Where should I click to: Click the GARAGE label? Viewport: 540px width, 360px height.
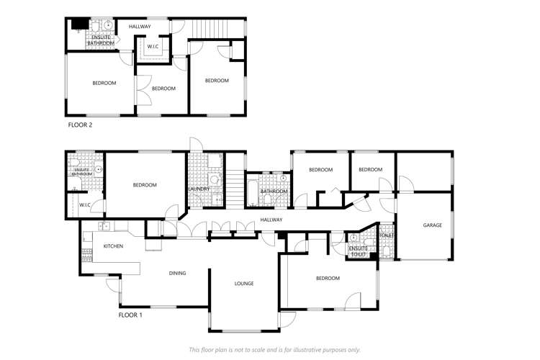click(432, 225)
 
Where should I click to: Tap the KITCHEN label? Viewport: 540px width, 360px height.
click(113, 246)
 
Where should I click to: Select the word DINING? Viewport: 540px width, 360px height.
click(177, 273)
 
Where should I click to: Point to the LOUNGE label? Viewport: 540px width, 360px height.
click(244, 284)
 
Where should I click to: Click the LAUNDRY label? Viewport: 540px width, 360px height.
click(198, 189)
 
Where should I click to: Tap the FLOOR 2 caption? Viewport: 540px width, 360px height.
click(80, 125)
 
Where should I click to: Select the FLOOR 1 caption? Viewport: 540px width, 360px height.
click(130, 315)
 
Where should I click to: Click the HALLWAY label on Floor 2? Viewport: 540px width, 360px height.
click(140, 27)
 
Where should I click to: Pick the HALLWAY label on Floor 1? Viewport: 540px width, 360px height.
click(271, 220)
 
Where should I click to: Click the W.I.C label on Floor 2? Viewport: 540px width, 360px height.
click(153, 47)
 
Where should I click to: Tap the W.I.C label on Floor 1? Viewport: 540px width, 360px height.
click(84, 204)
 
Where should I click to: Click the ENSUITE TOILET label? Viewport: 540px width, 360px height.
click(358, 251)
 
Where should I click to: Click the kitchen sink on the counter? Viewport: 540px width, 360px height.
click(104, 226)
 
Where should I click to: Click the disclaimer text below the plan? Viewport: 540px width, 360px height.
click(274, 349)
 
